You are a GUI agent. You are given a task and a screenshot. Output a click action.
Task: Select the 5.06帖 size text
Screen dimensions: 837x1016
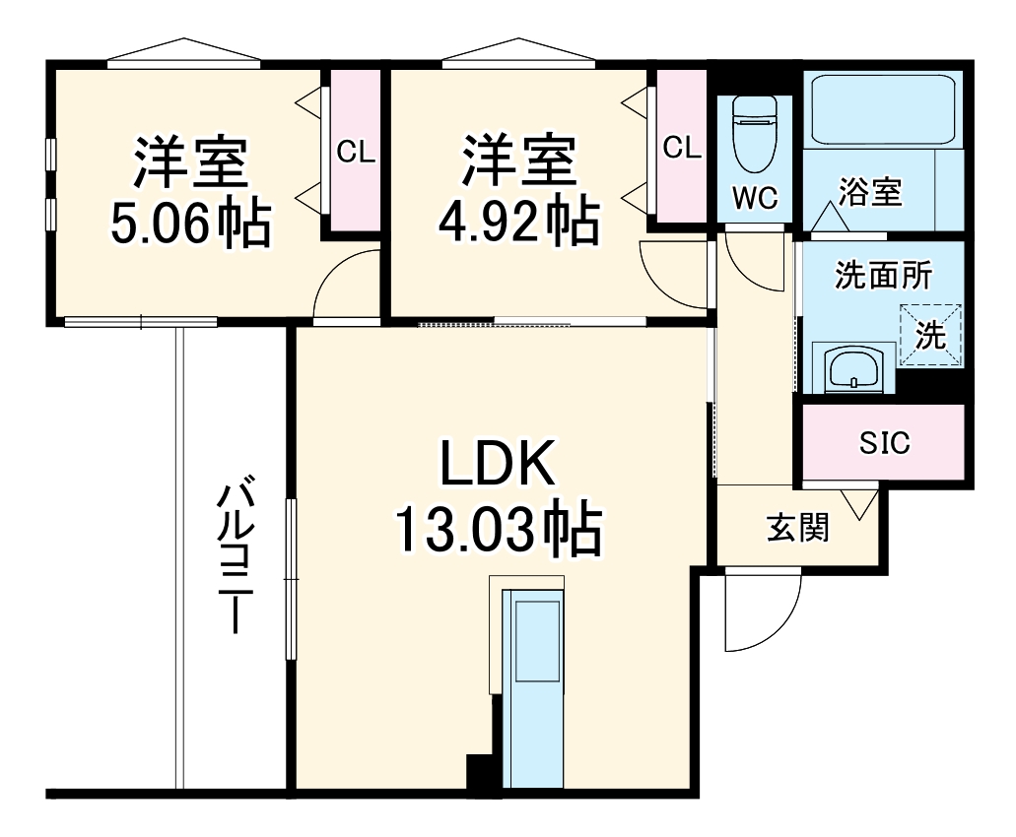click(190, 225)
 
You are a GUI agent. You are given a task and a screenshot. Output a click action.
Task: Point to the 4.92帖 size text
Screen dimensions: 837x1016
click(518, 225)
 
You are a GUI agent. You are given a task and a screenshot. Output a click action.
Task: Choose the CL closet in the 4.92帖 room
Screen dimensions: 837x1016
click(681, 148)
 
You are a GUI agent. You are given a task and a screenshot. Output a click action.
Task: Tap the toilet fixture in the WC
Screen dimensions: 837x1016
click(756, 133)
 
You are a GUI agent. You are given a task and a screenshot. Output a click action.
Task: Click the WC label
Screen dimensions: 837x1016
click(755, 198)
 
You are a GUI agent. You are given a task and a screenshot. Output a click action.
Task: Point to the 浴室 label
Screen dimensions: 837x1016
click(870, 192)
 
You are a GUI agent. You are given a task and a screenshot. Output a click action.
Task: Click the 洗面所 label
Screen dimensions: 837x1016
click(883, 277)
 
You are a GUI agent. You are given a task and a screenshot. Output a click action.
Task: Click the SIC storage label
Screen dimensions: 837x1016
click(884, 443)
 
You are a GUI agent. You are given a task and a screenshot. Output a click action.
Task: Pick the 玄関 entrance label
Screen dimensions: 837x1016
click(798, 529)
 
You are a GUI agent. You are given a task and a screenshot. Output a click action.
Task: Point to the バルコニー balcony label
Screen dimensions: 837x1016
click(233, 556)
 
